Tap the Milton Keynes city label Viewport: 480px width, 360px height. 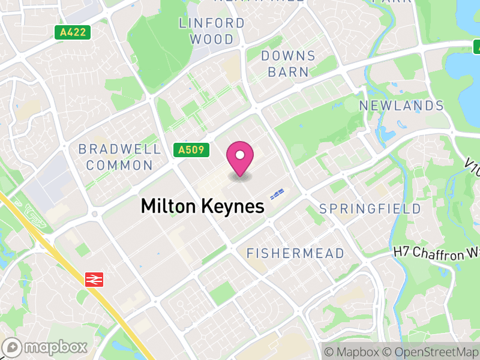[202, 206]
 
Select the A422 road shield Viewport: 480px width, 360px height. [73, 34]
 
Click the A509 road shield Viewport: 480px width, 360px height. [193, 150]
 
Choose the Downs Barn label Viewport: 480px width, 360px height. [288, 64]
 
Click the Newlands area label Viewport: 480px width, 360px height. [401, 106]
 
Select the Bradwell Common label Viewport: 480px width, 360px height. [119, 157]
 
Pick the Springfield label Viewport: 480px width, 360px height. [370, 209]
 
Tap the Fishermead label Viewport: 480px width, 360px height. [295, 253]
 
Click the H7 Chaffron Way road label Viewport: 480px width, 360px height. [437, 253]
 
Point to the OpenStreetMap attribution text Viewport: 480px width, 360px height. [430, 351]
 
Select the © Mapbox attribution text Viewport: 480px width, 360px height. [352, 351]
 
